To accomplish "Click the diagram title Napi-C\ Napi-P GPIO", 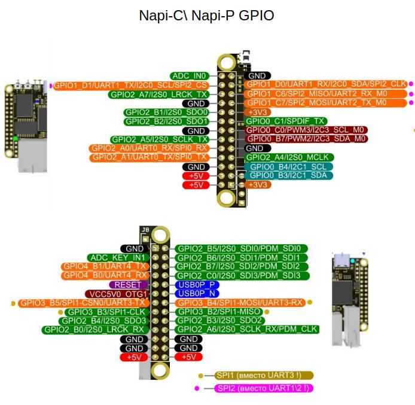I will click(206, 16).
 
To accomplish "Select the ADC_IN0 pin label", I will click(189, 76).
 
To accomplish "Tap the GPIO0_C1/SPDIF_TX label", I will click(280, 121).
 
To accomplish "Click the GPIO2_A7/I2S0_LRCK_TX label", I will click(158, 94).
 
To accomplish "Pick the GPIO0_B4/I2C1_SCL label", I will click(288, 166).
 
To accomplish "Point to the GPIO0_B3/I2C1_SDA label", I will click(288, 175).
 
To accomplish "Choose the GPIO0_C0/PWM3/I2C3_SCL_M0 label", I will click(306, 130).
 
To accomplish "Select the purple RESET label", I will click(127, 285).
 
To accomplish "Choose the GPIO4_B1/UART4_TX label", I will click(105, 266).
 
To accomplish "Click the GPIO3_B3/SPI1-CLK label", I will click(105, 312).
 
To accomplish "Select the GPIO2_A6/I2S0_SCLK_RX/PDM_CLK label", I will click(246, 330).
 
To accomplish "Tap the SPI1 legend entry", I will click(263, 376).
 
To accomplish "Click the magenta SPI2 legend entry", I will click(263, 388).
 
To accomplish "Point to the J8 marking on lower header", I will click(145, 230).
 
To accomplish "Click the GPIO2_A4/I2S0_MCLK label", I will click(289, 157).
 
